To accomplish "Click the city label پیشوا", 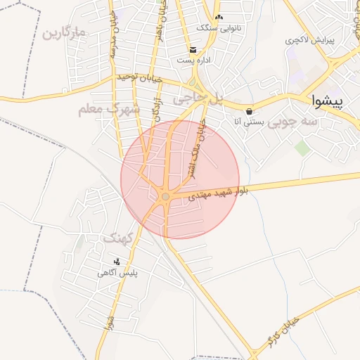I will point(329,101).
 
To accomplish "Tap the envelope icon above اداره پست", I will point(193,49).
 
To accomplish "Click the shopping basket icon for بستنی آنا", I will point(249,111).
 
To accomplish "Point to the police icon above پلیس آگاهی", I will point(116,262).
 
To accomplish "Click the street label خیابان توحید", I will point(140,78).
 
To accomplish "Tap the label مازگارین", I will point(63,33).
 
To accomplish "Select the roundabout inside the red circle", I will point(165,198).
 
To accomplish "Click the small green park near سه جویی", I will point(302,148).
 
